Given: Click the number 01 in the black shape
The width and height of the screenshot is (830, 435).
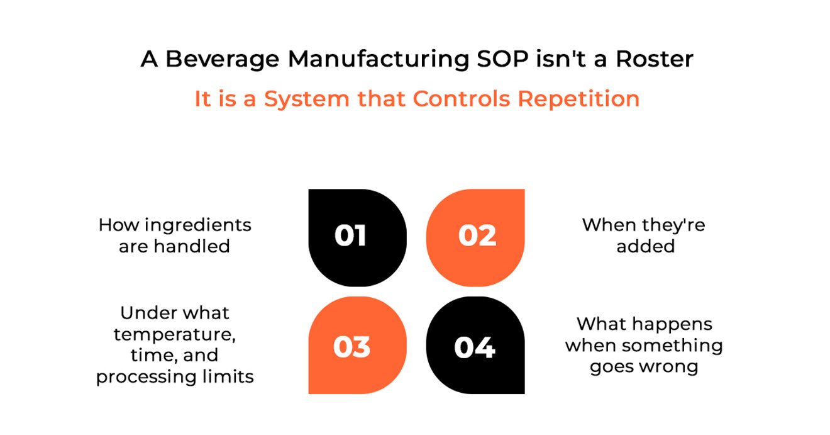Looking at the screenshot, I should (350, 236).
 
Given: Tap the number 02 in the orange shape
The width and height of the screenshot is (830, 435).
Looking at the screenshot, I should (477, 236).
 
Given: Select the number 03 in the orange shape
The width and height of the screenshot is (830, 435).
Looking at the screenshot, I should (351, 347).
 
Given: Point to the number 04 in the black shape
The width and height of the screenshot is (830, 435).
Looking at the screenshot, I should (475, 347).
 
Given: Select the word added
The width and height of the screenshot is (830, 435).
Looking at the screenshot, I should (645, 246).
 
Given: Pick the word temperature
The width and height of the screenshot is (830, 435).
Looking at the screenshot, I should (175, 334).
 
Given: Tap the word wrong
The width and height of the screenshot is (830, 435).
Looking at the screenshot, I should (670, 366).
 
